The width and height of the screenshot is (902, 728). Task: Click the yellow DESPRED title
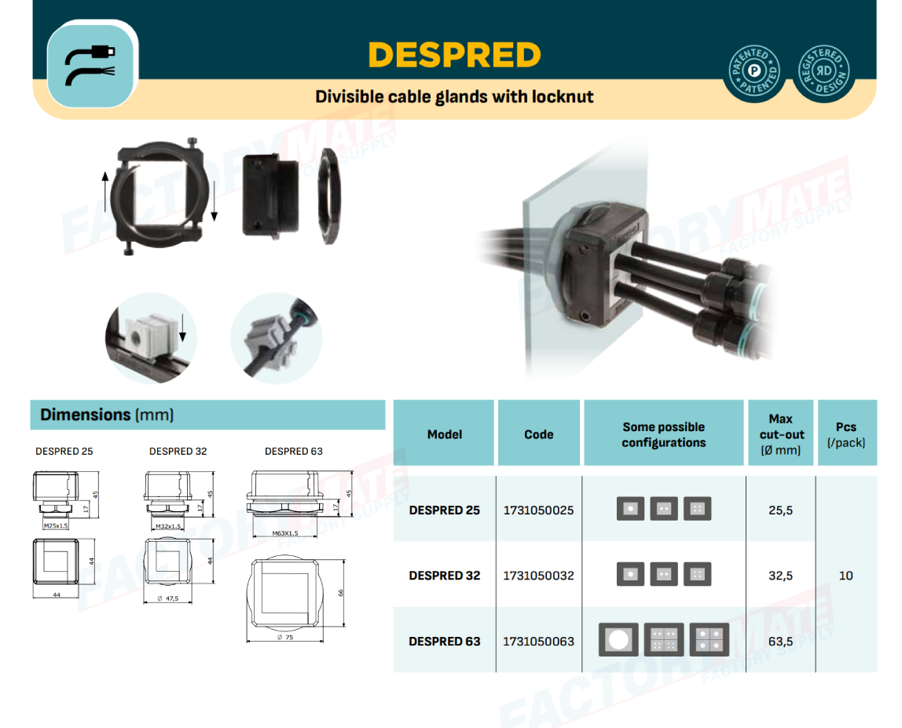[454, 55]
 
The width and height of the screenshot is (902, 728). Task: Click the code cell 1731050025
[538, 510]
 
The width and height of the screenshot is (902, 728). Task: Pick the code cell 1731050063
[538, 641]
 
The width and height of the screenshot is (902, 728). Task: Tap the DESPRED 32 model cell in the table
[444, 576]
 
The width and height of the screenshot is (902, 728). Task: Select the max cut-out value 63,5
[779, 641]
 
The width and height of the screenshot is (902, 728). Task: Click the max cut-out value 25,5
[779, 510]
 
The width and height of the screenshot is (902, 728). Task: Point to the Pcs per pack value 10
[845, 576]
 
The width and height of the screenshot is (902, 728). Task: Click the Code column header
[538, 434]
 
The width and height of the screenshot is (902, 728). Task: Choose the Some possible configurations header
[663, 434]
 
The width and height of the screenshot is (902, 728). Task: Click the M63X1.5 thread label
[284, 533]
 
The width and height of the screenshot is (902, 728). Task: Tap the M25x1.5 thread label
[56, 525]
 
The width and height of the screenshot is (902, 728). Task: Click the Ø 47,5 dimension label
[167, 598]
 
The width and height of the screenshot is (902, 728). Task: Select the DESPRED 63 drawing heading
[293, 452]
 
